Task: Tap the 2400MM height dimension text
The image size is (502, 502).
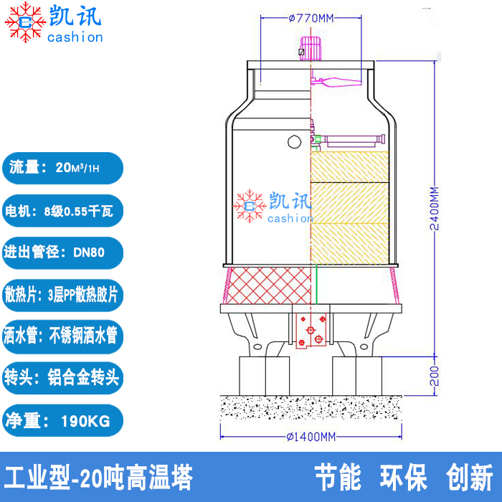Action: click(434, 208)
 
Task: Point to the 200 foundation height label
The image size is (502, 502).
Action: click(434, 375)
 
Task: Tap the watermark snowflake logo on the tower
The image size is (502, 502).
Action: click(250, 206)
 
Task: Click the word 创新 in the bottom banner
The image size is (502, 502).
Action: click(469, 478)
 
